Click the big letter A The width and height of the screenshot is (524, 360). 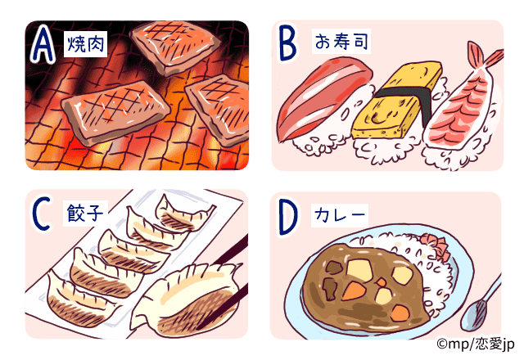click(43, 46)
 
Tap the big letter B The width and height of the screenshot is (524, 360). click(287, 46)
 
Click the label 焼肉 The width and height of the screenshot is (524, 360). click(84, 43)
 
